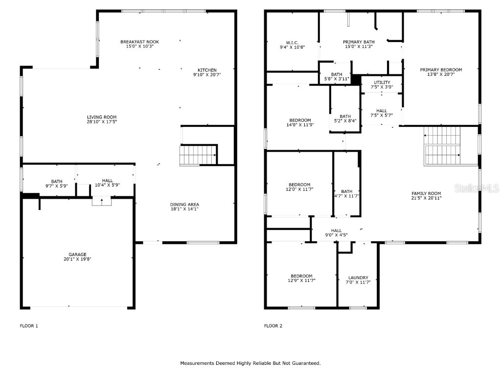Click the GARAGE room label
(77, 254)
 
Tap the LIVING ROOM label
(102, 117)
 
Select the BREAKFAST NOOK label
(139, 42)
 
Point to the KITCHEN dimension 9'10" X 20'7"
(207, 75)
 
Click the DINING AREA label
(184, 205)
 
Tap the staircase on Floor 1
(199, 155)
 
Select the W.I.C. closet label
(292, 42)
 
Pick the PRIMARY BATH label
(359, 42)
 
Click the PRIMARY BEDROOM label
(441, 70)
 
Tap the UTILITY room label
(382, 82)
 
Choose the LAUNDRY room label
(358, 278)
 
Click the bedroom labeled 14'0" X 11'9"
(300, 122)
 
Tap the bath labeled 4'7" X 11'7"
(346, 194)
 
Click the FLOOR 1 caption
(29, 326)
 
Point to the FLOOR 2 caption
(273, 326)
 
